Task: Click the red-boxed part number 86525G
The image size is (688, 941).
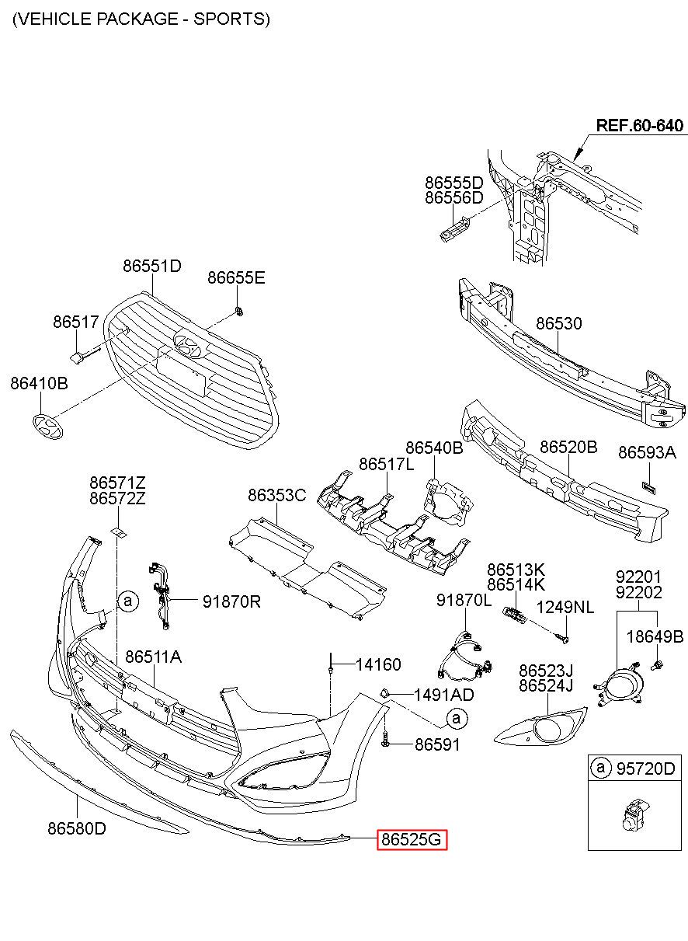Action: [x=412, y=840]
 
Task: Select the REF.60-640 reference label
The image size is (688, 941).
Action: [x=639, y=125]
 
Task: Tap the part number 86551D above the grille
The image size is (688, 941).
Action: [x=152, y=266]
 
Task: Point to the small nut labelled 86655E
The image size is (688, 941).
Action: [x=240, y=312]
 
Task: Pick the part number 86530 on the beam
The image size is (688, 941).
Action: [x=558, y=323]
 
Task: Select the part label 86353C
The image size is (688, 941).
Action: [x=277, y=495]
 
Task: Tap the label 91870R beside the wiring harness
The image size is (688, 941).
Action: [x=231, y=601]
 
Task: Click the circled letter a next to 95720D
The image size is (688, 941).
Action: [x=600, y=768]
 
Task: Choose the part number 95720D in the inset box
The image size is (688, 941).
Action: [x=646, y=768]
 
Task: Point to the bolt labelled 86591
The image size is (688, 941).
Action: [x=386, y=744]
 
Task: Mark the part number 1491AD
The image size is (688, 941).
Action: [x=443, y=695]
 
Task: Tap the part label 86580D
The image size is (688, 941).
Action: [x=77, y=828]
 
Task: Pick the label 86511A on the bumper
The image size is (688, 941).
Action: [x=154, y=657]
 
